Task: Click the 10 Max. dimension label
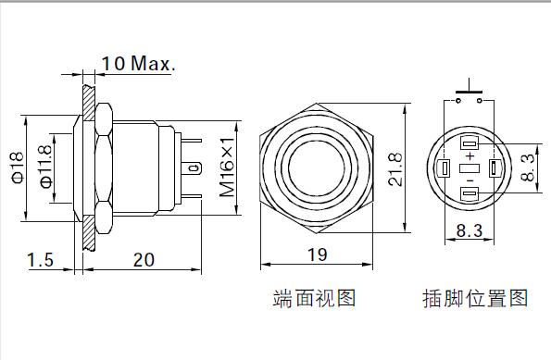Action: [138, 63]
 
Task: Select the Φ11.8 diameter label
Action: [45, 167]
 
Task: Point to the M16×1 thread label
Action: [227, 168]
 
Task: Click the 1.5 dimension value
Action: [41, 260]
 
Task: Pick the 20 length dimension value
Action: [144, 260]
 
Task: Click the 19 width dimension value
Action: [317, 255]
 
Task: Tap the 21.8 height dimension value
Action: [395, 169]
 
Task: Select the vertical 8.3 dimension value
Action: [528, 168]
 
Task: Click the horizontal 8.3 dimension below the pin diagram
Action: [470, 230]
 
